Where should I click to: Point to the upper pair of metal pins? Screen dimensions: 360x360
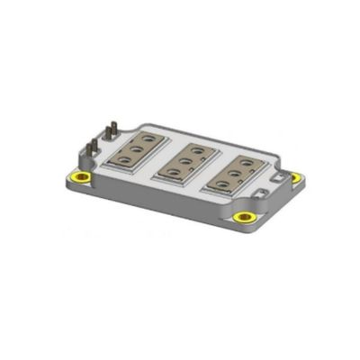click(112, 130)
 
